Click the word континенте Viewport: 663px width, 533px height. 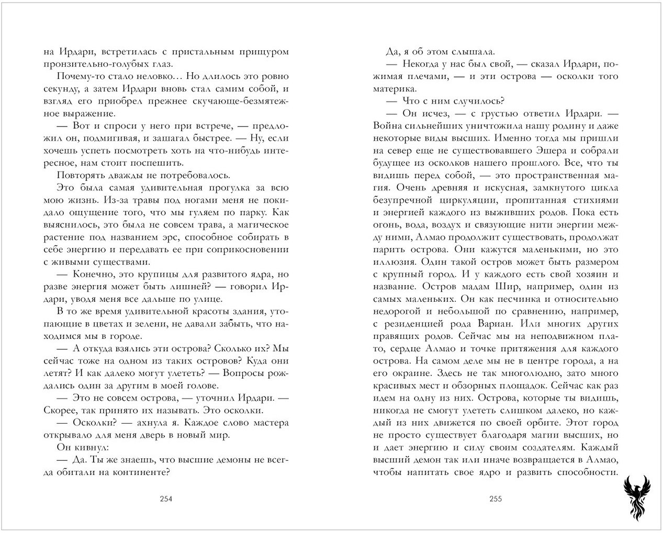click(x=142, y=472)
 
